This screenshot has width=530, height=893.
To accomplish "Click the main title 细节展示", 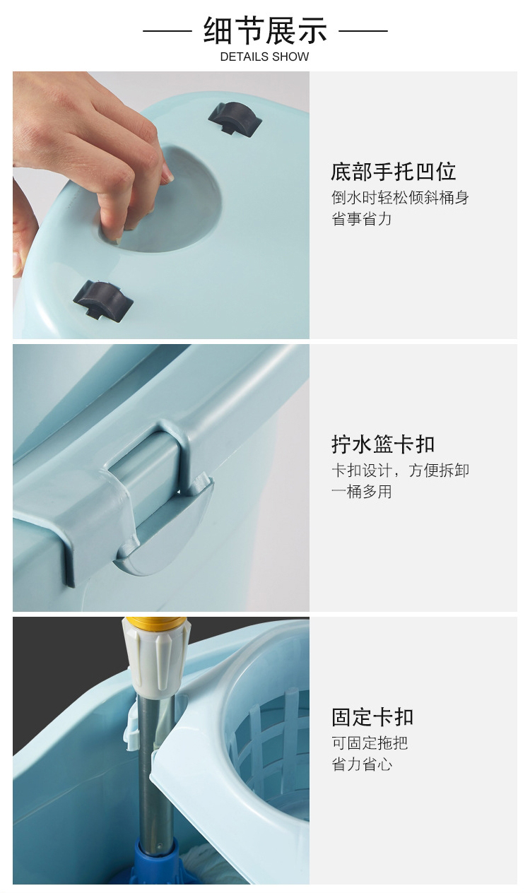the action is [265, 30].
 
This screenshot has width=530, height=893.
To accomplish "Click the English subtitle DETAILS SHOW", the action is [264, 57].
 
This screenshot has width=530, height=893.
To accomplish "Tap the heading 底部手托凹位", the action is [393, 172].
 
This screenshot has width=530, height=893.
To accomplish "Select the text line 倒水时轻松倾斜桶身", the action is [400, 197].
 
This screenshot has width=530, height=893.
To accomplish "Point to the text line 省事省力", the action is [361, 218].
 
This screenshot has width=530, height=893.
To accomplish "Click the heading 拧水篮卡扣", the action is [383, 444].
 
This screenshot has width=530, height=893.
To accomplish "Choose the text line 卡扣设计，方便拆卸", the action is [400, 471].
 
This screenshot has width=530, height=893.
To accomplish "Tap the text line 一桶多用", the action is [361, 492].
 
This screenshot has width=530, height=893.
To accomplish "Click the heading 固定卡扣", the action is [372, 717].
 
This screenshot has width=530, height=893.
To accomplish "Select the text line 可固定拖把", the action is [370, 743].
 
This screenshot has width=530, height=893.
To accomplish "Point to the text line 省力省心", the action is [361, 764].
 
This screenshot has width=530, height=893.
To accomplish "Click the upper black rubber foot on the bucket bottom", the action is [235, 119].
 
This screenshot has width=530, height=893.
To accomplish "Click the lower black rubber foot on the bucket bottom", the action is [103, 300].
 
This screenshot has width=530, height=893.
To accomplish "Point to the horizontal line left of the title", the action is [167, 30].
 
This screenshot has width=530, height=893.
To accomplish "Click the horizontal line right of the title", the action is [363, 30].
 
